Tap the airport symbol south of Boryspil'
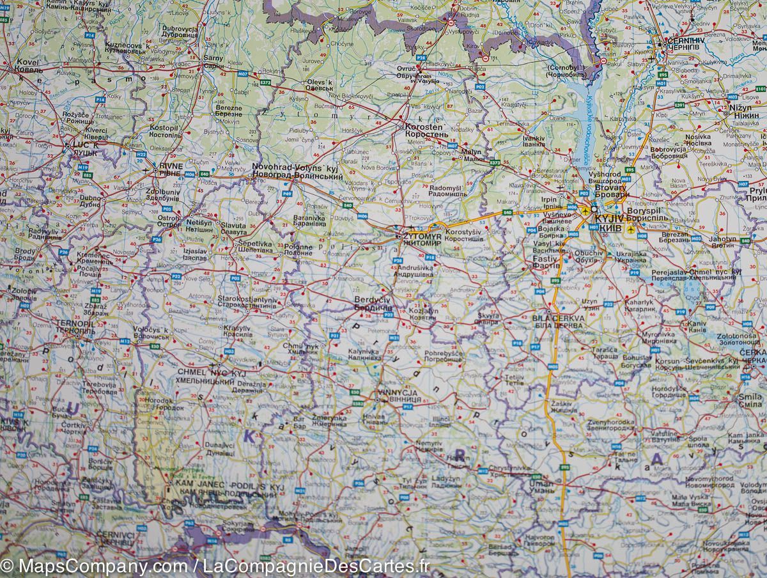631,228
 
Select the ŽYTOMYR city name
422,237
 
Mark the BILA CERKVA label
558,318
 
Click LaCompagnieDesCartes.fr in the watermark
316,566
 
